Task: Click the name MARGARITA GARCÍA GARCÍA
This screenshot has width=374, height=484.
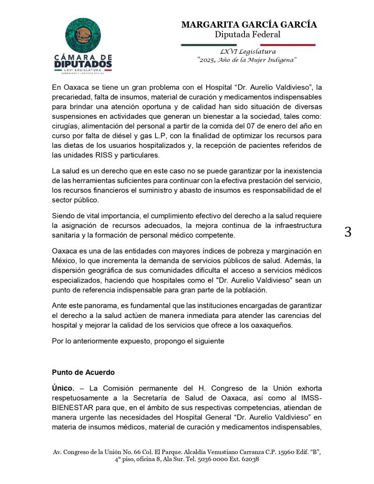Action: pyautogui.click(x=249, y=25)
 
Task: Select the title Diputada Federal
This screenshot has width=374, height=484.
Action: pyautogui.click(x=247, y=35)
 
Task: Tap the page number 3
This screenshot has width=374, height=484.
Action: pyautogui.click(x=348, y=232)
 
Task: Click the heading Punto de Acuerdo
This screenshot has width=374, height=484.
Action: pyautogui.click(x=83, y=373)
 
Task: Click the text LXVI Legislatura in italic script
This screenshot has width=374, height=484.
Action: pyautogui.click(x=248, y=51)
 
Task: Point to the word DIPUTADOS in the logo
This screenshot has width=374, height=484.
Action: pyautogui.click(x=83, y=64)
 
